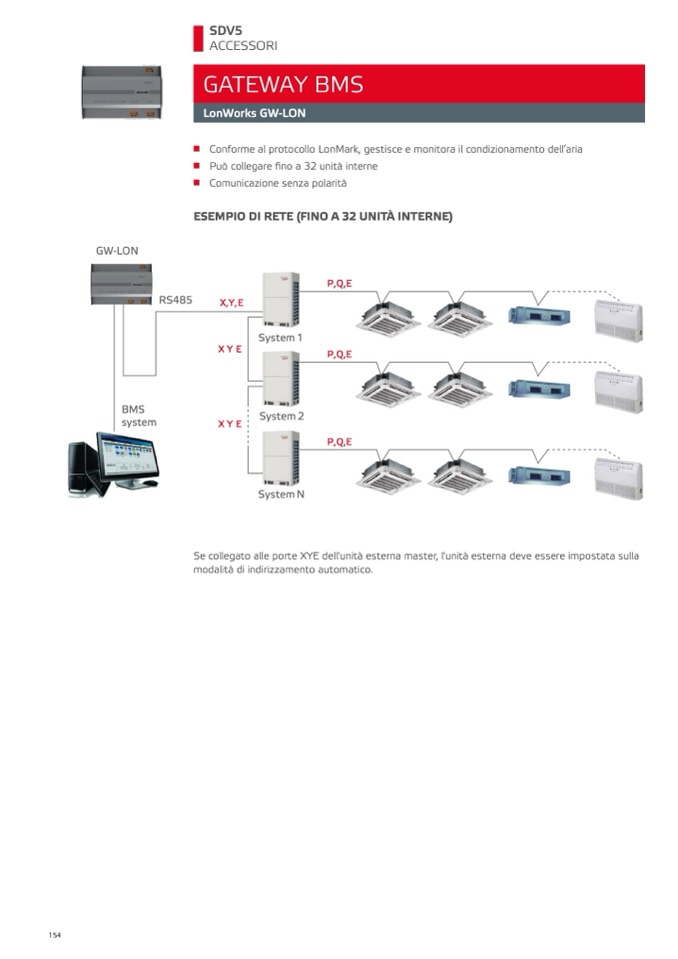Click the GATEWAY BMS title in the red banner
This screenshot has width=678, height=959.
coord(283,84)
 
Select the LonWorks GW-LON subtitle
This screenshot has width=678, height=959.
coord(254,114)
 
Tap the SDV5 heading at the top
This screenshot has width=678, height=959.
coord(226,30)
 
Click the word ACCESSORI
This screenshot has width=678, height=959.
coord(243,46)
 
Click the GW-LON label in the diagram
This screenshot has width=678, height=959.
coord(117,251)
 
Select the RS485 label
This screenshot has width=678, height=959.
coord(175,299)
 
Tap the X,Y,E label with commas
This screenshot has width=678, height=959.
coord(231,302)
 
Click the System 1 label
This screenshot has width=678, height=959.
coord(280,337)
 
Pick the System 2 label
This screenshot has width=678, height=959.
coord(281,416)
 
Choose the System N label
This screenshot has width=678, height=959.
coord(281,494)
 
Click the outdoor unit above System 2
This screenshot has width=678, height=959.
coord(280,378)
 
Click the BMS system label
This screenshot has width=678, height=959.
coord(138,416)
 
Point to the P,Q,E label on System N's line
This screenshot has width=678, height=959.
coord(339,441)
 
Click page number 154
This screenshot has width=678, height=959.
coord(54,935)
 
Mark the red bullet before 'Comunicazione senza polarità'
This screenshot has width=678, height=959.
coord(197,183)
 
